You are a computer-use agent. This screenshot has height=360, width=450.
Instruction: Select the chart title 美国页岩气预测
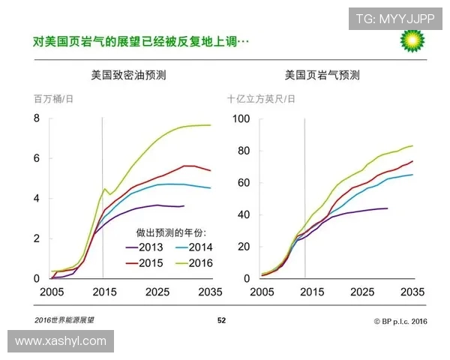[x=322, y=76]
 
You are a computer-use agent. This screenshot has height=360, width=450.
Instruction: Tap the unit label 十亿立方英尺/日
[x=262, y=99]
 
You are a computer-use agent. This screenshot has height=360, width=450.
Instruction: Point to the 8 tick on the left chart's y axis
[x=36, y=118]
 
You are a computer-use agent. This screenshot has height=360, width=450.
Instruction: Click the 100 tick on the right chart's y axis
[x=241, y=118]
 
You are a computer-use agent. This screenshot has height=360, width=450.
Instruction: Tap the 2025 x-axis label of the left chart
[x=157, y=292]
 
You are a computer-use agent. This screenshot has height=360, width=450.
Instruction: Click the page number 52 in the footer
[x=221, y=320]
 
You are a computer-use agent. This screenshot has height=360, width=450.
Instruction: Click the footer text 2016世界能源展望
[x=66, y=320]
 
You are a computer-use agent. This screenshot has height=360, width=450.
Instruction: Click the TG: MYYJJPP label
[x=394, y=19]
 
